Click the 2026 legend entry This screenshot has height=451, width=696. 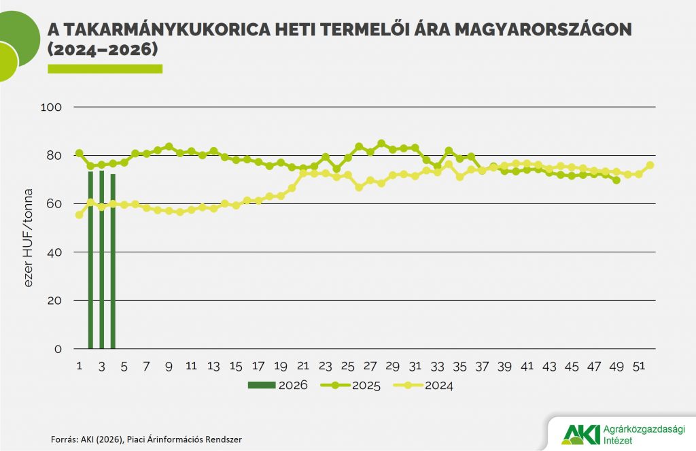(x=277, y=385)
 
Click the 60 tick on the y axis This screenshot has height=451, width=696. (x=54, y=204)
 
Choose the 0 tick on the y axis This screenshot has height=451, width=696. (x=58, y=349)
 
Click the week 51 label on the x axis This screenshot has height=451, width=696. (x=638, y=366)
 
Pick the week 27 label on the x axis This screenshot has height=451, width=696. (x=370, y=366)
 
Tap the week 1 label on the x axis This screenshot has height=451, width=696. (x=80, y=366)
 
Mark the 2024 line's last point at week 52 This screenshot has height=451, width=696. (x=650, y=165)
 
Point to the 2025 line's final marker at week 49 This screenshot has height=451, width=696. (x=616, y=180)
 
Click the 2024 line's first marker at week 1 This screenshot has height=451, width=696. (x=80, y=215)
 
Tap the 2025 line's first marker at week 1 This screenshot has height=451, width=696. (x=80, y=154)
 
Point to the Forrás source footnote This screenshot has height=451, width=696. (x=146, y=439)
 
